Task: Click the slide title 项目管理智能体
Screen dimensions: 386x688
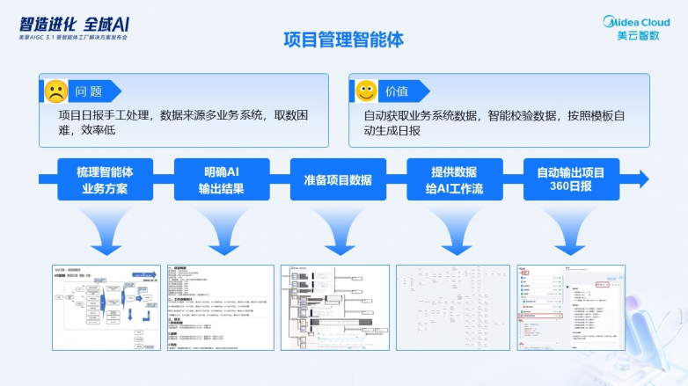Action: pos(344,40)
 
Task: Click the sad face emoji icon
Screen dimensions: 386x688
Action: pos(55,91)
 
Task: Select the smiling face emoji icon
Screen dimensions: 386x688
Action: pos(365,91)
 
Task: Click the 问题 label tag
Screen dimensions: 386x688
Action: pos(88,91)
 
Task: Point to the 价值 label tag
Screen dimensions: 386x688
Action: pos(398,91)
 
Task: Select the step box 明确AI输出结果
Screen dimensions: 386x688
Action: pos(218,179)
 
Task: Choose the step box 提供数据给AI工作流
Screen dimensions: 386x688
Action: pos(454,179)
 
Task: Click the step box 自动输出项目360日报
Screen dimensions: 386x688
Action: pos(571,179)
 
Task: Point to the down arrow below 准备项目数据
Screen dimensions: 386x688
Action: pos(338,230)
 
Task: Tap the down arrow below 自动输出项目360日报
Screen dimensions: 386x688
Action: pos(571,230)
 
